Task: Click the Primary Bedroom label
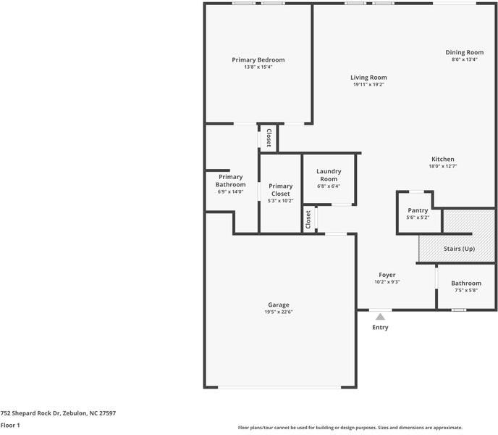click(x=258, y=59)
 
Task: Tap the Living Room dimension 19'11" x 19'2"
click(x=368, y=85)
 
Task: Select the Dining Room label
click(x=464, y=52)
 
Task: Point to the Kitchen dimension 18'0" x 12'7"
click(x=442, y=166)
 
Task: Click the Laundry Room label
click(x=329, y=175)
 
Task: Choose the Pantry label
click(x=418, y=210)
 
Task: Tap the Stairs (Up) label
click(x=459, y=249)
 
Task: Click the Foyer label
click(x=387, y=275)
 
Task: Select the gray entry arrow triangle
click(x=380, y=316)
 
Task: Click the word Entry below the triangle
click(x=380, y=328)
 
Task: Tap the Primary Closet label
click(x=280, y=190)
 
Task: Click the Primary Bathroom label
click(x=230, y=181)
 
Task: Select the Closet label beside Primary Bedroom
click(x=268, y=138)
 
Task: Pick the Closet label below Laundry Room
click(x=308, y=220)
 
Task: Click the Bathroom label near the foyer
click(x=466, y=283)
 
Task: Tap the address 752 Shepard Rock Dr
click(x=58, y=413)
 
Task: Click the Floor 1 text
click(x=10, y=425)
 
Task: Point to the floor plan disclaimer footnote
click(x=350, y=428)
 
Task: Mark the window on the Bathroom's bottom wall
click(x=458, y=310)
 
